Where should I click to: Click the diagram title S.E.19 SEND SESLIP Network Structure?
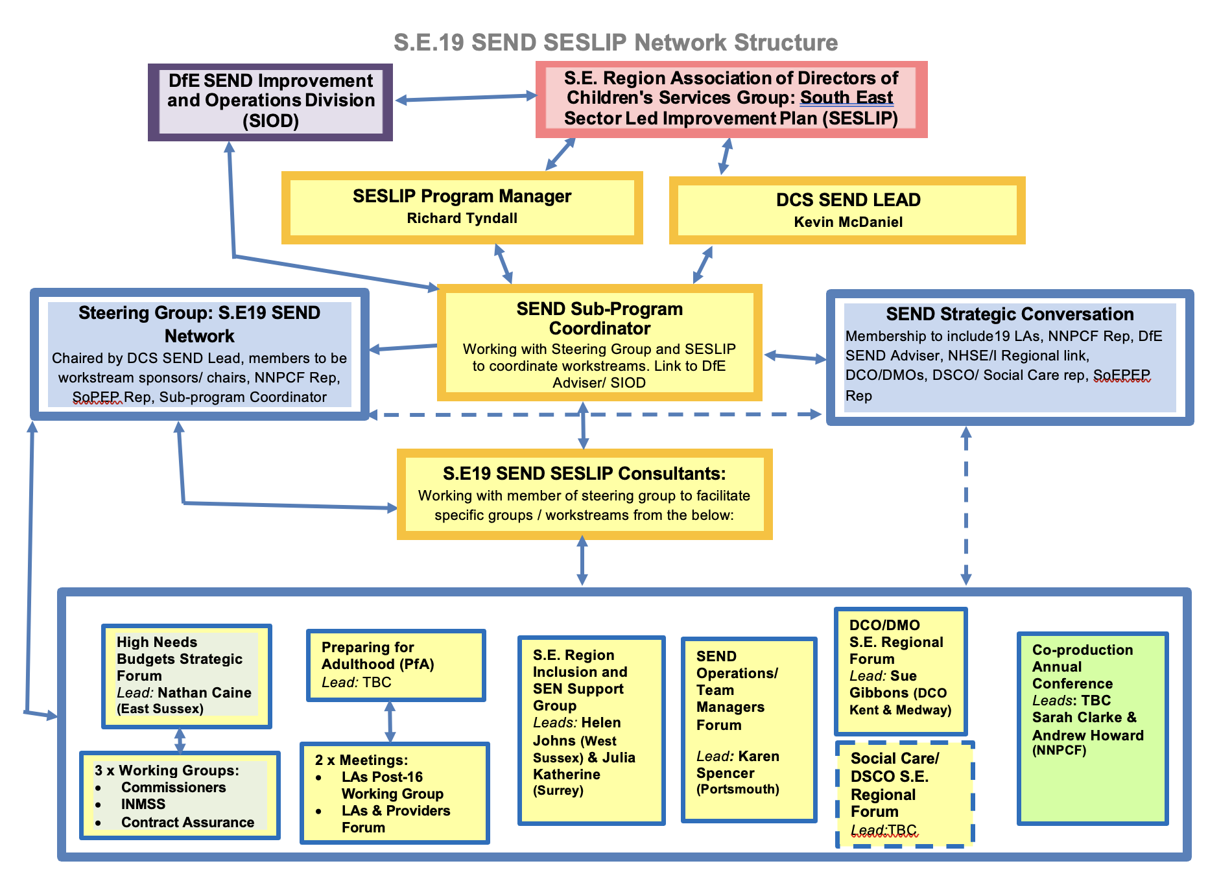pos(615,43)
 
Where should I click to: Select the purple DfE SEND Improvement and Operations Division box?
pos(270,101)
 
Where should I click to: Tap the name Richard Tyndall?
pos(462,218)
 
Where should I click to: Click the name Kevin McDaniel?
pos(847,222)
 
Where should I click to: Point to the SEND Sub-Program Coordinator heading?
pos(599,318)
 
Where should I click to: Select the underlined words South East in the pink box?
pos(846,98)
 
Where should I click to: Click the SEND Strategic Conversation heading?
pos(1009,314)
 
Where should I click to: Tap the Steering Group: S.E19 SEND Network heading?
pos(199,324)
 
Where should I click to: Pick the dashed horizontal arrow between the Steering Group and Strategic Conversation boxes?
pos(595,414)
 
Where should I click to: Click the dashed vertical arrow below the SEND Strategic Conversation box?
pos(965,506)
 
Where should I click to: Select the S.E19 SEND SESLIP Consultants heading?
pos(584,474)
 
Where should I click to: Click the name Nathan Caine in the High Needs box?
pos(204,693)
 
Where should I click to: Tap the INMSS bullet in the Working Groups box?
pos(143,805)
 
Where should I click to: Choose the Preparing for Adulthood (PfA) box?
pos(396,665)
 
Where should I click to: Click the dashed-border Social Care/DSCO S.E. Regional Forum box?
pos(905,794)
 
